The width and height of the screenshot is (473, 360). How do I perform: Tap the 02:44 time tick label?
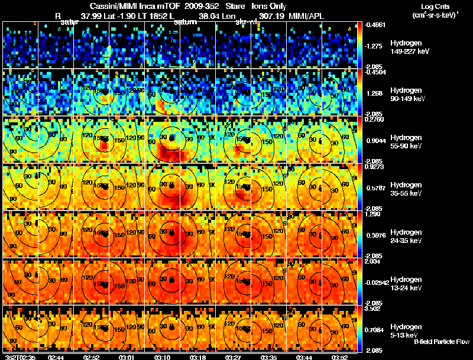click(x=56, y=357)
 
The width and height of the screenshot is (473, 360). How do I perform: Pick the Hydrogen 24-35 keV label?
click(x=407, y=236)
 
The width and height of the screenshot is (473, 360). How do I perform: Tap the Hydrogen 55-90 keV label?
click(x=407, y=141)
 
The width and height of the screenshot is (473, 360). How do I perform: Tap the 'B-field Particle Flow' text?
click(x=442, y=342)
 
